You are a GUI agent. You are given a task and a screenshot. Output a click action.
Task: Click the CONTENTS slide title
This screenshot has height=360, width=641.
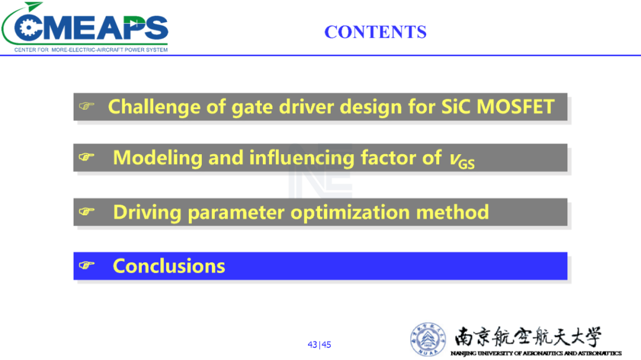(375, 32)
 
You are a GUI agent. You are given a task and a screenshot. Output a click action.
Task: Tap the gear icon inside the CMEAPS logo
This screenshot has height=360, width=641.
(28, 28)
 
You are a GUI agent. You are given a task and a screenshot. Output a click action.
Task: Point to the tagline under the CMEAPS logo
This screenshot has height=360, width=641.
(91, 50)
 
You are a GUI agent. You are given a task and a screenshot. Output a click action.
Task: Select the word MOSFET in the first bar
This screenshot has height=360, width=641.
(515, 107)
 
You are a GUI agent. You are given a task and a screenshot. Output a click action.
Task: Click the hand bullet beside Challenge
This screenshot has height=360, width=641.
(87, 106)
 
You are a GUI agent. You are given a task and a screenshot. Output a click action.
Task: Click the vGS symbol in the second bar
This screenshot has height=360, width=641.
(462, 160)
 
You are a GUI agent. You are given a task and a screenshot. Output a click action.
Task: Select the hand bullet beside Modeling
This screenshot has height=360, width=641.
(87, 157)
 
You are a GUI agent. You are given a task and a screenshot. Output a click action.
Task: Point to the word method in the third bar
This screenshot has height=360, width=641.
(452, 212)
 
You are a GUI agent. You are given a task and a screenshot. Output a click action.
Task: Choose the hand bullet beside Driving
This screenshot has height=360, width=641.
(87, 212)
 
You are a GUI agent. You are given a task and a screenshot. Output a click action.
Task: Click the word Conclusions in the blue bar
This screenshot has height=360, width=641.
(169, 266)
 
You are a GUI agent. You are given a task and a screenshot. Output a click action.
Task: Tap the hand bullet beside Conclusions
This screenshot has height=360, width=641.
(87, 266)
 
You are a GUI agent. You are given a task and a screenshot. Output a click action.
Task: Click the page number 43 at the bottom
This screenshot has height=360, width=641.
(312, 345)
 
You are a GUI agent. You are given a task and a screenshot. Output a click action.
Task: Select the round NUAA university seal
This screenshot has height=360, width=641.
(428, 339)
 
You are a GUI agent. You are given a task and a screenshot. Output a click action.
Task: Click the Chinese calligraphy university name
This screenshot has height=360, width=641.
(528, 337)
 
